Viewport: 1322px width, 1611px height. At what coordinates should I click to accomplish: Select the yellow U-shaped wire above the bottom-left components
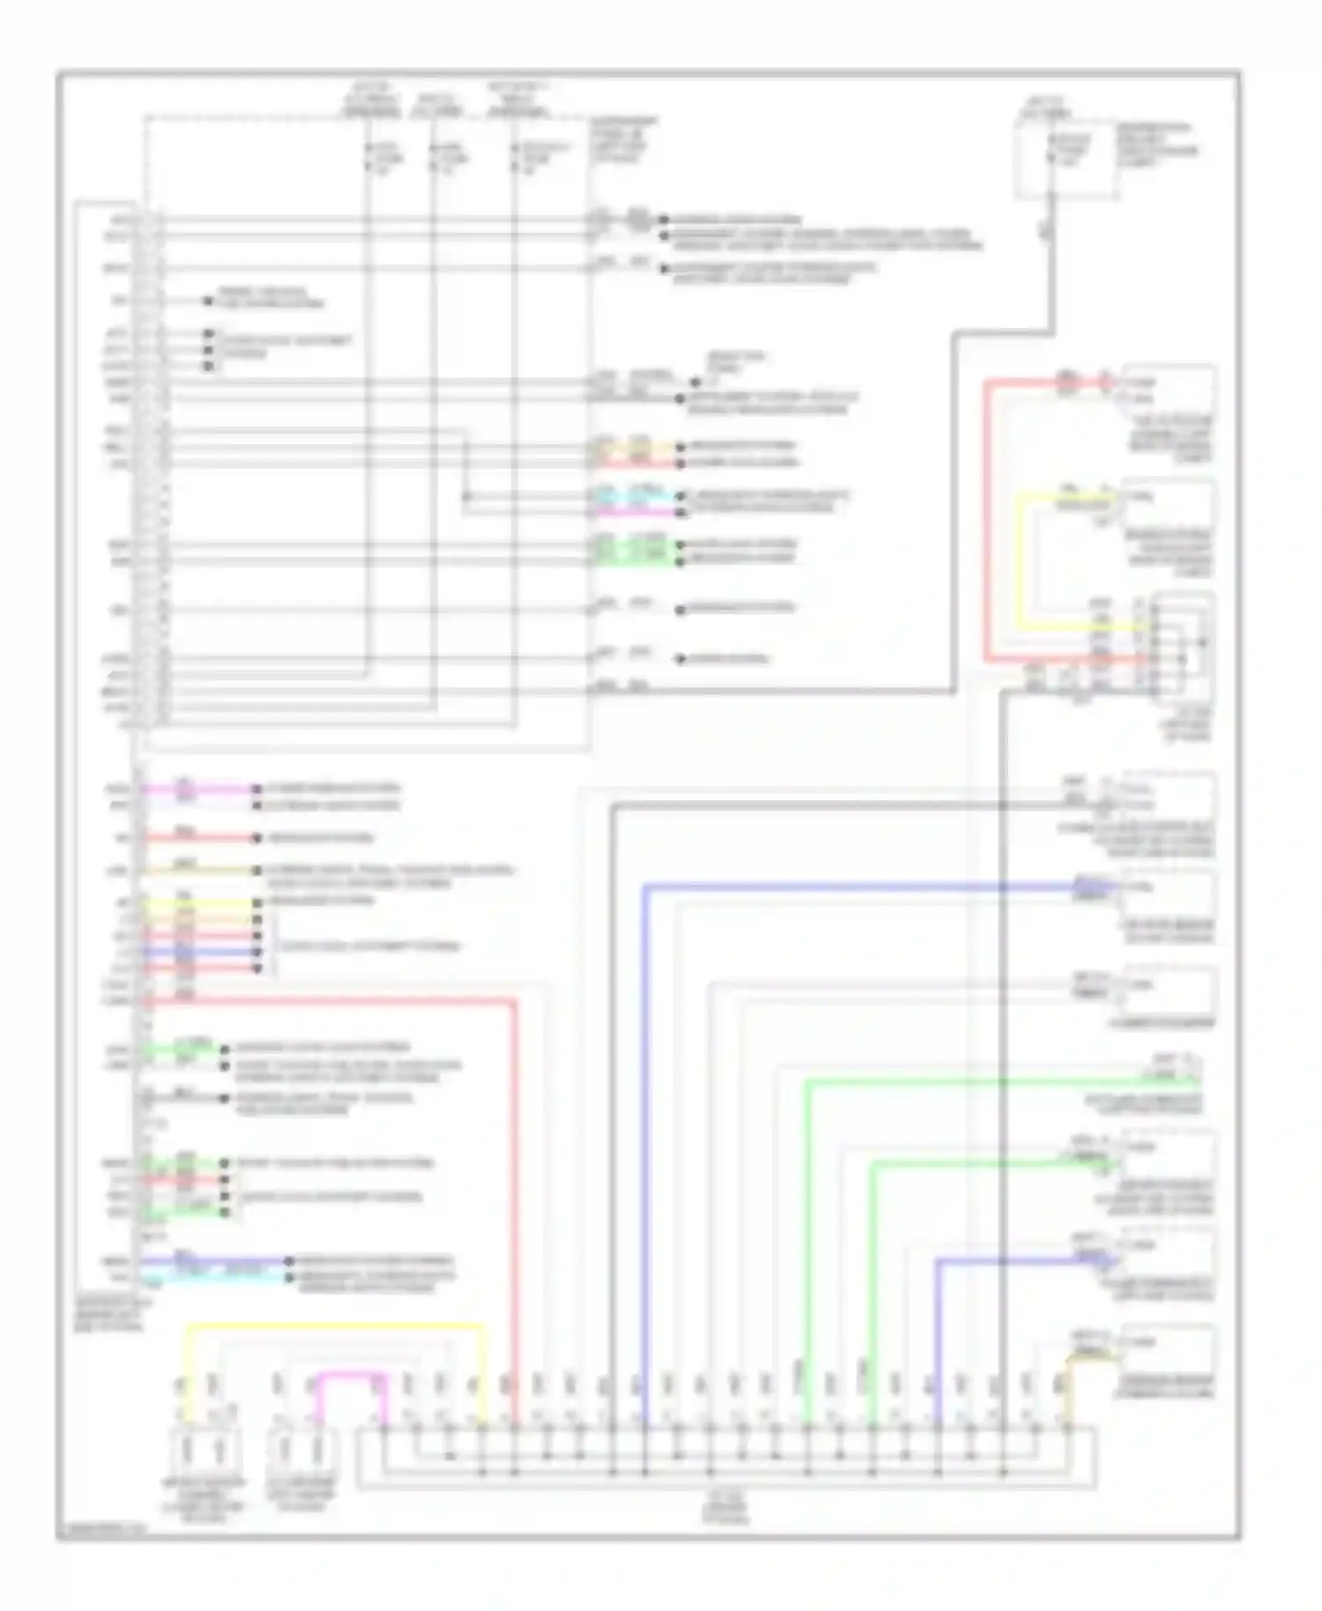tap(335, 1325)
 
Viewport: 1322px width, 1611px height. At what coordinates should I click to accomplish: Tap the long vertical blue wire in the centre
tap(645, 1146)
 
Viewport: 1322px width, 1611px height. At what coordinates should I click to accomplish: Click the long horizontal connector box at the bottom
tap(727, 1459)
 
